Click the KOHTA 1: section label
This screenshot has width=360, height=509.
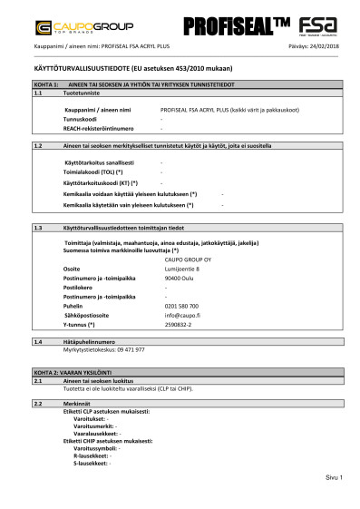tap(45, 83)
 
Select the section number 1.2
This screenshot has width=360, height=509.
tap(38, 145)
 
